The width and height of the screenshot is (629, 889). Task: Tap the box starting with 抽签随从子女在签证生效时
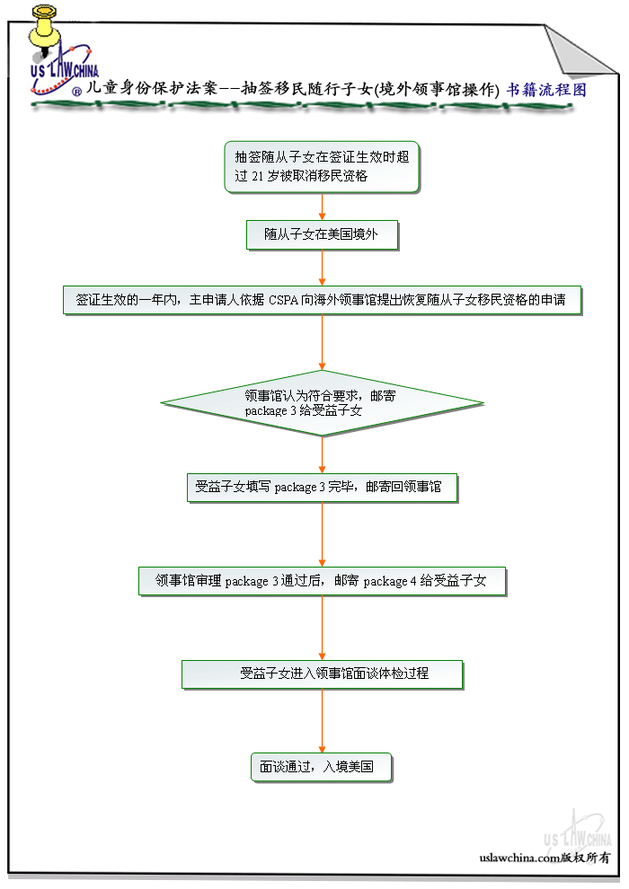pyautogui.click(x=322, y=167)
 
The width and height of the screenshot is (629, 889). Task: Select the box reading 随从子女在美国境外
pyautogui.click(x=322, y=234)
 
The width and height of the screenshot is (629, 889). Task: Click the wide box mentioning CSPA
pyautogui.click(x=322, y=300)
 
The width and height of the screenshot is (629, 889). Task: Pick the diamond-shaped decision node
pyautogui.click(x=322, y=403)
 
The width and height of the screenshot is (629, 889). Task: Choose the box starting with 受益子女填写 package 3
pyautogui.click(x=322, y=488)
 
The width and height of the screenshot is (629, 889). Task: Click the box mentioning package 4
pyautogui.click(x=322, y=581)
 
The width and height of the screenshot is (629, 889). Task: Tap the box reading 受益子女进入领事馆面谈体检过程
pyautogui.click(x=322, y=673)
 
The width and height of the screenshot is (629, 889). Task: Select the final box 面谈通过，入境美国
pyautogui.click(x=322, y=767)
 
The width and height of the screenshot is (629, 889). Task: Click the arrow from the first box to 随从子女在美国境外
pyautogui.click(x=322, y=207)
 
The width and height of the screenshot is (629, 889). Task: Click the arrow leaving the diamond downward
pyautogui.click(x=322, y=454)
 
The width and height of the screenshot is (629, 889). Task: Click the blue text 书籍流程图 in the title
pyautogui.click(x=546, y=90)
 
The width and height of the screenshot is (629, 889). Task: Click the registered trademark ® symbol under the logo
pyautogui.click(x=77, y=91)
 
